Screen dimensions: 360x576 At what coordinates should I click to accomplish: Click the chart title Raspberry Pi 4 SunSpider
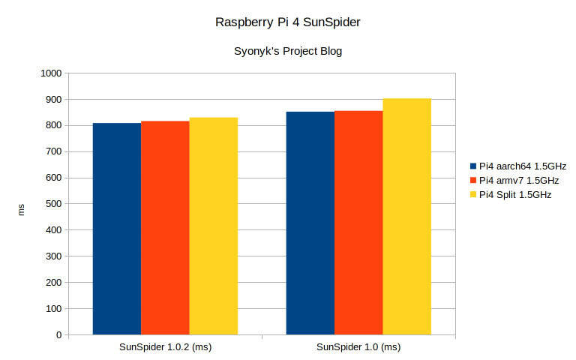[288, 22]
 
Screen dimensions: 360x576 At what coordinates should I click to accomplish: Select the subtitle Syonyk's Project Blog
[288, 52]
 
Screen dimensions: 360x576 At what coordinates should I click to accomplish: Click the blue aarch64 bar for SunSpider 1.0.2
[117, 229]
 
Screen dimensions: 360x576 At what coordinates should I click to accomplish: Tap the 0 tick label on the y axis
[58, 335]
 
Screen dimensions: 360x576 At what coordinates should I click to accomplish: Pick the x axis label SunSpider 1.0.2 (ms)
[165, 347]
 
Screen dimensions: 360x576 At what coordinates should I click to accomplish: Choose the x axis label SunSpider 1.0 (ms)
[358, 347]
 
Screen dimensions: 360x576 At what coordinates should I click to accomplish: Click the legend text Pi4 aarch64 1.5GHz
[523, 166]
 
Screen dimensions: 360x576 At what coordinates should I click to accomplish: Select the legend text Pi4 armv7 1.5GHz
[519, 180]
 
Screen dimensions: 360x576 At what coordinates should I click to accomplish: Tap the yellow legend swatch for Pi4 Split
[473, 195]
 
